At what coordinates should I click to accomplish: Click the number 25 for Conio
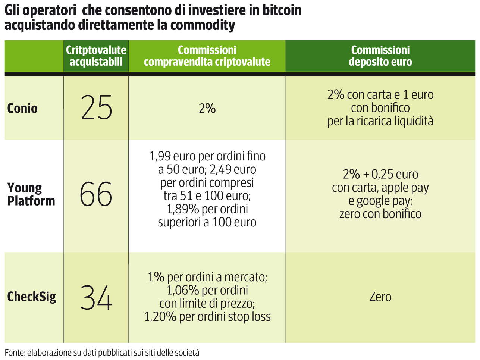click(x=96, y=107)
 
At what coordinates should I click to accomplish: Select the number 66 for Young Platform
click(x=96, y=194)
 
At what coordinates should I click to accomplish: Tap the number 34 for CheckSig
click(x=96, y=297)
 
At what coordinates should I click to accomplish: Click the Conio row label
click(x=22, y=109)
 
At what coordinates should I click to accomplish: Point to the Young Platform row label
click(x=31, y=194)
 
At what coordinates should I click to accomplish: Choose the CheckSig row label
click(x=32, y=297)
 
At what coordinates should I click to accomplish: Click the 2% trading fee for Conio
click(x=207, y=109)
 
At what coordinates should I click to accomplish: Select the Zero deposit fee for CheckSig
click(x=380, y=297)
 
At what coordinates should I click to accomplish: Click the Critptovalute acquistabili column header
click(x=96, y=56)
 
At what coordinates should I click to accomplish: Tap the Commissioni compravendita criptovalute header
click(x=207, y=56)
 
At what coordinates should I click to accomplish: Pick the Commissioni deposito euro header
click(x=380, y=56)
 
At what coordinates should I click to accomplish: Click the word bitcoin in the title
click(x=281, y=10)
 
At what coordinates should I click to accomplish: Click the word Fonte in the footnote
click(x=14, y=353)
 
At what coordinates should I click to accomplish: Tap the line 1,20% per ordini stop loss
click(x=207, y=317)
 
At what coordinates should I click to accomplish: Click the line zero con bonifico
click(x=380, y=214)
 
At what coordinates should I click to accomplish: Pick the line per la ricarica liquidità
click(x=380, y=121)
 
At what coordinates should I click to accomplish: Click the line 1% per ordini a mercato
click(x=207, y=277)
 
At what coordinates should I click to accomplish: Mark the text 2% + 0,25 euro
click(x=380, y=174)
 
